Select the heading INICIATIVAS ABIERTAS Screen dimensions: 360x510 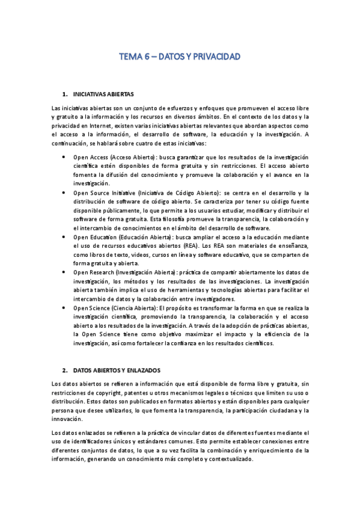pyautogui.click(x=103, y=95)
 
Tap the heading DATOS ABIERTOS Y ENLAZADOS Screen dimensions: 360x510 pyautogui.click(x=116, y=369)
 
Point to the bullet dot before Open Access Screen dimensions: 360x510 pyautogui.click(x=64, y=156)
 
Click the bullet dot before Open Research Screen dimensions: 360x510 pyautogui.click(x=64, y=272)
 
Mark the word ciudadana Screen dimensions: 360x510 pyautogui.click(x=272, y=410)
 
